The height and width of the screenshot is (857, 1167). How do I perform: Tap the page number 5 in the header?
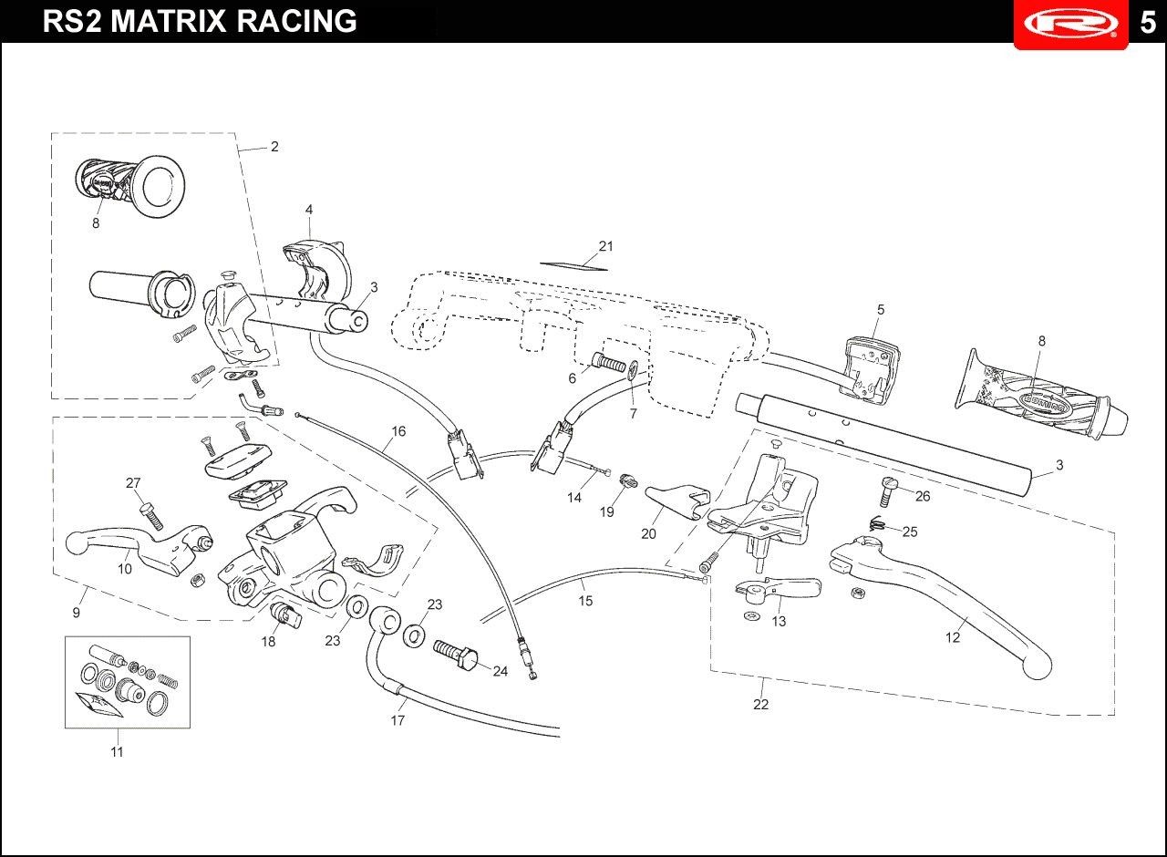pyautogui.click(x=1147, y=23)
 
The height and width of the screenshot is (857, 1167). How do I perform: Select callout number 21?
pyautogui.click(x=606, y=246)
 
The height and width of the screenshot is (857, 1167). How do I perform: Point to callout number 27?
pyautogui.click(x=133, y=483)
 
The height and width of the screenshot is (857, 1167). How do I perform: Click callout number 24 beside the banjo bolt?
pyautogui.click(x=500, y=671)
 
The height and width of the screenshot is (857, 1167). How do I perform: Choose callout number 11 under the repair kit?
pyautogui.click(x=117, y=752)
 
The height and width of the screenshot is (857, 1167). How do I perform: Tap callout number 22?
pyautogui.click(x=760, y=705)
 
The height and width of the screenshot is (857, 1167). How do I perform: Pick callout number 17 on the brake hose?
pyautogui.click(x=398, y=720)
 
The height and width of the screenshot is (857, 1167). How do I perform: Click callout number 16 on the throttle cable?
pyautogui.click(x=398, y=431)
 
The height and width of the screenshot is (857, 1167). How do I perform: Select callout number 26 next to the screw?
pyautogui.click(x=923, y=497)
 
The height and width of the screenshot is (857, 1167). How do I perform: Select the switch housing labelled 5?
pyautogui.click(x=868, y=367)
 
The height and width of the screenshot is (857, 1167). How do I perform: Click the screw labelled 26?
pyautogui.click(x=887, y=492)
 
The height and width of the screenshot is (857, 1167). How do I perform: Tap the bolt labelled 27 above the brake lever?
pyautogui.click(x=151, y=516)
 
